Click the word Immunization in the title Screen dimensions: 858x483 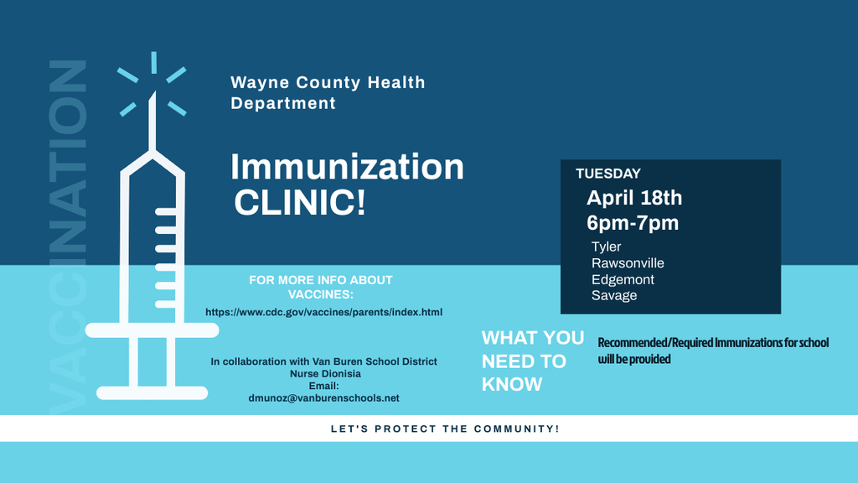point(347,167)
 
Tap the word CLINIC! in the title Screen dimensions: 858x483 point(300,202)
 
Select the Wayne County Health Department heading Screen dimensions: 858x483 point(328,92)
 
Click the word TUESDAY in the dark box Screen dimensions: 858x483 point(608,174)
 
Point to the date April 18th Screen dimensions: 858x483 point(634,198)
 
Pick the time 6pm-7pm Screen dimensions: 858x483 point(633,223)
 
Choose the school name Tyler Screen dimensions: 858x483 point(607,247)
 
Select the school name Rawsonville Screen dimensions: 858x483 point(628,262)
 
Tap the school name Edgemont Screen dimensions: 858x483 point(623,280)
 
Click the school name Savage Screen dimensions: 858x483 point(614,296)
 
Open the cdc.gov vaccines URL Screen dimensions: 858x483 point(324,312)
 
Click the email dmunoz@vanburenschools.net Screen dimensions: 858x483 point(324,398)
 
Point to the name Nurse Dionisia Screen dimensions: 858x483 point(326,373)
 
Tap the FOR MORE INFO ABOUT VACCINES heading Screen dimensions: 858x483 point(321,287)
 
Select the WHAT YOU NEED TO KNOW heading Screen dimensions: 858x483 point(533,361)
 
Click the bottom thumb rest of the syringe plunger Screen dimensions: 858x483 point(152,392)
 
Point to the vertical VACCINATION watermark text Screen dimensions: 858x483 point(69,236)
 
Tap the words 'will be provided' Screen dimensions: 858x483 point(634,359)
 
